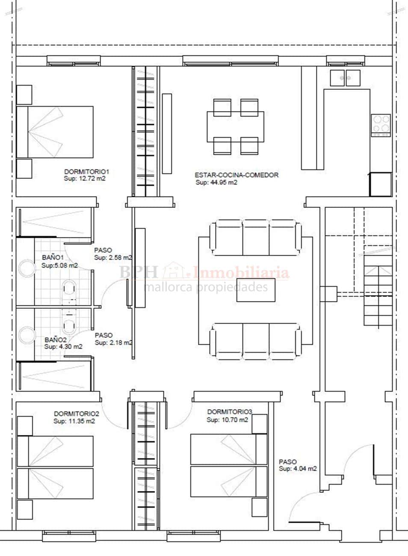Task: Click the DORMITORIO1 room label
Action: pos(87,172)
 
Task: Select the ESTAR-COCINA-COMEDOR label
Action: pos(237,175)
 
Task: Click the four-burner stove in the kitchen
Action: pos(381,125)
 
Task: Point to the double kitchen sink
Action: pos(345,78)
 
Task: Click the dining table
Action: pos(236,127)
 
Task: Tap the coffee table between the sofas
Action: pos(256,290)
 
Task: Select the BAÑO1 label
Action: pos(53,257)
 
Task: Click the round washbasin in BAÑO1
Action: pos(27,268)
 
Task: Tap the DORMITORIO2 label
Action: pos(77,414)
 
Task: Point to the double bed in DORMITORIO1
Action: pos(55,132)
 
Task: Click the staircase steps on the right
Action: pos(378,296)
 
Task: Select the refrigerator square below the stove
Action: pos(381,185)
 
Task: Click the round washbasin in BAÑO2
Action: pos(27,336)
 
